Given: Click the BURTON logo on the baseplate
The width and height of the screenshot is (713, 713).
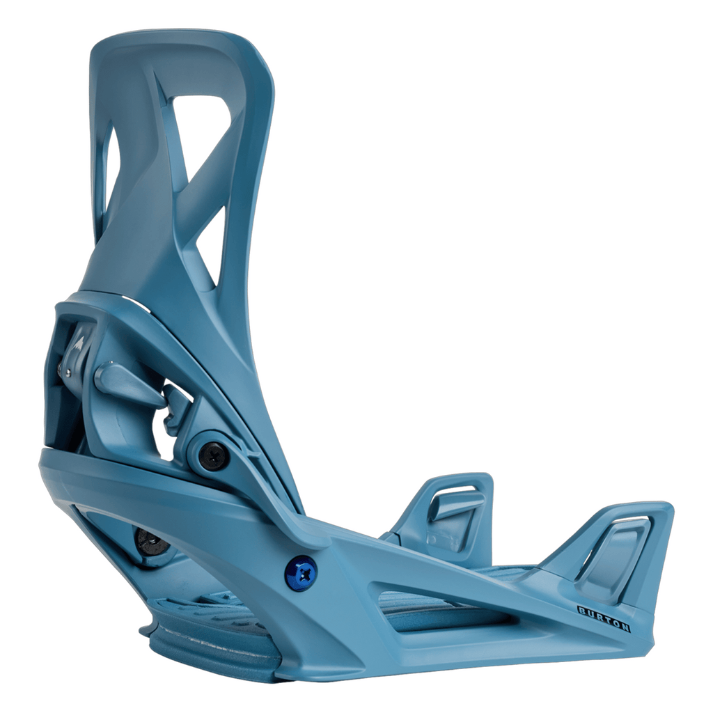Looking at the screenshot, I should point(604,619).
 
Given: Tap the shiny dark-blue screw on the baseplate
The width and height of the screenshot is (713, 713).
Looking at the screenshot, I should point(301,573).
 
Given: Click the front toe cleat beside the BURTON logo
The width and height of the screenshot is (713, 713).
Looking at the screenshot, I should point(613,550).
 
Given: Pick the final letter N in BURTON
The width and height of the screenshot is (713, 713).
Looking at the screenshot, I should point(625,627).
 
